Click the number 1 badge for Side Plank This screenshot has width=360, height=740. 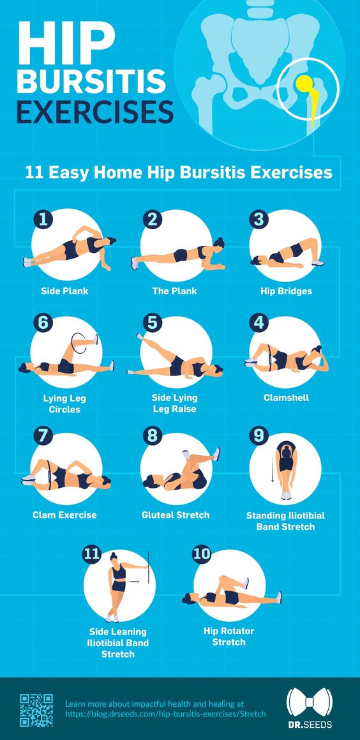[x=42, y=219]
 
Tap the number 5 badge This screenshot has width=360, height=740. [x=151, y=322]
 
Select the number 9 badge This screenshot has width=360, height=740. [x=258, y=435]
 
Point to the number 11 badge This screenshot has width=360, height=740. [x=93, y=554]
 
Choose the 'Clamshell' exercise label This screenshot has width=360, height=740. [x=286, y=397]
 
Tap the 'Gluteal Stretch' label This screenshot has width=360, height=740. [x=176, y=515]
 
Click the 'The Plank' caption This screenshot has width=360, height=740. [x=174, y=291]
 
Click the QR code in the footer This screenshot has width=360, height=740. [x=36, y=710]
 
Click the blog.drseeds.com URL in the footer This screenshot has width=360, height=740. [x=165, y=714]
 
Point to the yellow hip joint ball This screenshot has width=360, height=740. [x=304, y=82]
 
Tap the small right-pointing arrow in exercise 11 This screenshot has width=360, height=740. [x=134, y=582]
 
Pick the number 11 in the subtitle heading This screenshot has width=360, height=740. [x=33, y=172]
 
